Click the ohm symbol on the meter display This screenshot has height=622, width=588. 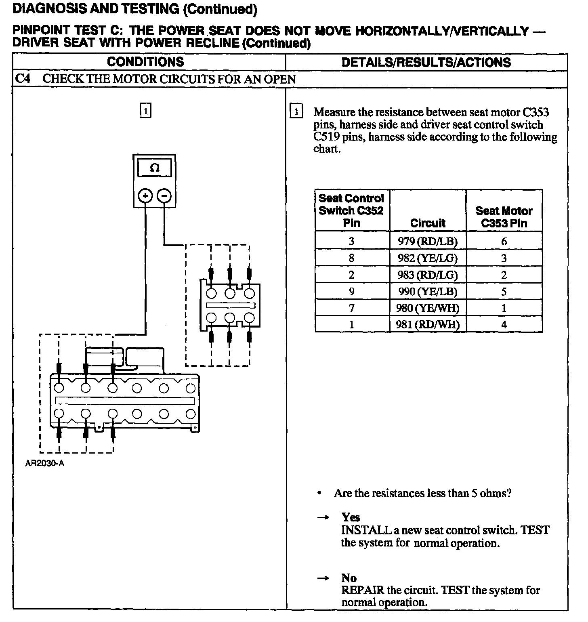point(154,168)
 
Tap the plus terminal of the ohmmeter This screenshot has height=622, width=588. point(145,196)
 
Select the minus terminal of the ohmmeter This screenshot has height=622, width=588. point(164,196)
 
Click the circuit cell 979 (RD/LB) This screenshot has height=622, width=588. point(428,241)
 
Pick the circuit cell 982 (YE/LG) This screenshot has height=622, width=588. point(428,258)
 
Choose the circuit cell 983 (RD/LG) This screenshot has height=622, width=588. point(428,275)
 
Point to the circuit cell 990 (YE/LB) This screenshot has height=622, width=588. point(428,292)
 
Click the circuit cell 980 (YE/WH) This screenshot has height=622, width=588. point(428,308)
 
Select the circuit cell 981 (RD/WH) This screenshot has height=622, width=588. point(428,324)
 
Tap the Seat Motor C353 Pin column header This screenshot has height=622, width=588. point(504,217)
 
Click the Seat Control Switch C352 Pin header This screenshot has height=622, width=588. point(351,210)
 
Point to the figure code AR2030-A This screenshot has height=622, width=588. point(44,464)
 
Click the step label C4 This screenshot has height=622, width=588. point(23,79)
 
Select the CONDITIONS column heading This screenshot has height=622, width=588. point(145,62)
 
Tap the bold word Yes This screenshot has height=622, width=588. point(351,517)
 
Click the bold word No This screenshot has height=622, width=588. point(349,578)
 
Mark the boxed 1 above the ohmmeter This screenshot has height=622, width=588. point(145,111)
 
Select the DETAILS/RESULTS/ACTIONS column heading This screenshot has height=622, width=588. point(426,62)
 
